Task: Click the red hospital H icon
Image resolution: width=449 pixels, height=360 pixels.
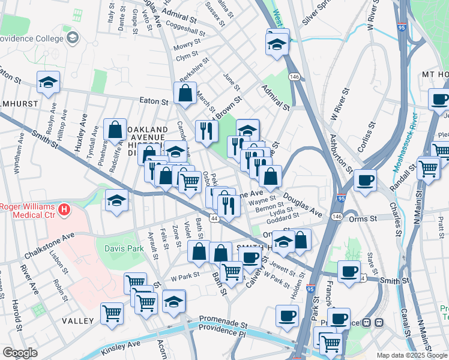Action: [64, 210]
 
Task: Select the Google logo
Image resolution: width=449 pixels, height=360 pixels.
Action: [20, 353]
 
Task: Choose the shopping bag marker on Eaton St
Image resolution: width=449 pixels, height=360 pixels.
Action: [185, 94]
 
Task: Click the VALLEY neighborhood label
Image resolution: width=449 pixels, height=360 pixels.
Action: [78, 321]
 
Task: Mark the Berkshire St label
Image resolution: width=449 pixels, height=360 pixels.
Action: [194, 74]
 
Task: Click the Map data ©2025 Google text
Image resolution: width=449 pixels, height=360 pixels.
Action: [411, 355]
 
